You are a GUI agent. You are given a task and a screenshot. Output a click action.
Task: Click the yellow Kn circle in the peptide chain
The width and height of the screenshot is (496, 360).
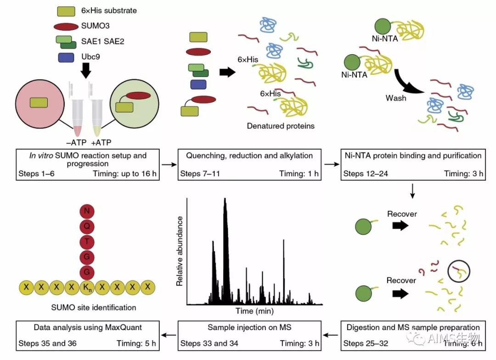coord(86,288)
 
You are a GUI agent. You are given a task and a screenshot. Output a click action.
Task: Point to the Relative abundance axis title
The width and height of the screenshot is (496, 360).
coord(180,250)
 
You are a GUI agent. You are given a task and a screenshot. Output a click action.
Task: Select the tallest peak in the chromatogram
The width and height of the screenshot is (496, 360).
coord(225,202)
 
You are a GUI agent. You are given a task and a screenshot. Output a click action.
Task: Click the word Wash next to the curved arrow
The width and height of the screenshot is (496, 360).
coord(396,98)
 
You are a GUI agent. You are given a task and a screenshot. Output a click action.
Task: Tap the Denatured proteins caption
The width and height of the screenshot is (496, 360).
coord(281,126)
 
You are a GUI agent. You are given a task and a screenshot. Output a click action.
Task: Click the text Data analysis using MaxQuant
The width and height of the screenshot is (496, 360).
coord(88,327)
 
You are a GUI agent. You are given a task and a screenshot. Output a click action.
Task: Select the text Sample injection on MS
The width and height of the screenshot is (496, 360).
coord(249,327)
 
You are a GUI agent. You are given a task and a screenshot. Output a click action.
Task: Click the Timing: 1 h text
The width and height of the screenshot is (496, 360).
coord(299,174)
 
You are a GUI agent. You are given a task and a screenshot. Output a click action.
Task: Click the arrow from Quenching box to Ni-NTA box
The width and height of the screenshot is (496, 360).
coord(330,164)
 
